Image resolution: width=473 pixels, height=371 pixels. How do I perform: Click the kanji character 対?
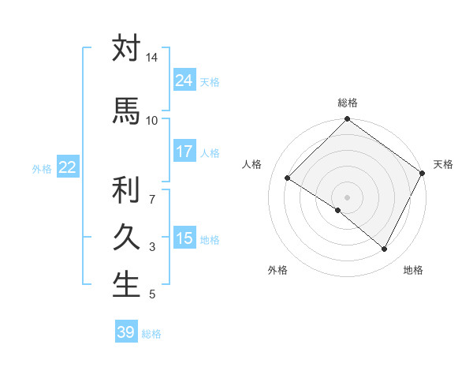coord(126,48)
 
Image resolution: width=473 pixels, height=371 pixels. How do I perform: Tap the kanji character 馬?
coord(126,111)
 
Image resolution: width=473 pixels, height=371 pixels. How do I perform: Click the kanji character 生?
coord(126,285)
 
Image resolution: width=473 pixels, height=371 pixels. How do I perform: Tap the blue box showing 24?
coord(184,81)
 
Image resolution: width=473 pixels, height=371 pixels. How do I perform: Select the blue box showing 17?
coord(184,152)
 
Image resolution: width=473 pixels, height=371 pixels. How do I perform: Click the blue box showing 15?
coord(184,238)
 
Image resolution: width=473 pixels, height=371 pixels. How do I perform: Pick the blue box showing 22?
coord(68,167)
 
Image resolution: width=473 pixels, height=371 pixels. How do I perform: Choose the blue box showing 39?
coord(126,332)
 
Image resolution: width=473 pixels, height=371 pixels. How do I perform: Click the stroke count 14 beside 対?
coord(151,58)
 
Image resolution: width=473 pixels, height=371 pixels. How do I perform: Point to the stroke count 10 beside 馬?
coord(151,120)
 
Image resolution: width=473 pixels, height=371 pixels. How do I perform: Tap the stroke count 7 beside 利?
coord(151,190)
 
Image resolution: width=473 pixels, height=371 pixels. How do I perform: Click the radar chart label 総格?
coord(347,103)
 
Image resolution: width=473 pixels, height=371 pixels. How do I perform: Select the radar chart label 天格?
coord(443,164)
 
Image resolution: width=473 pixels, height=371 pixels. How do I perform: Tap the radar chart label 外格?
coord(277,270)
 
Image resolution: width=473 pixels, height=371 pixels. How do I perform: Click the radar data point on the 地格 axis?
coord(385,249)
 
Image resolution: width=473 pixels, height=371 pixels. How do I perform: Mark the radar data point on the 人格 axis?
coord(288,178)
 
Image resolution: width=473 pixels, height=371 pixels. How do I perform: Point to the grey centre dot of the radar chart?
coord(347,197)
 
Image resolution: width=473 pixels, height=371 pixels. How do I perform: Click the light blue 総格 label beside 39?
coord(151,334)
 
